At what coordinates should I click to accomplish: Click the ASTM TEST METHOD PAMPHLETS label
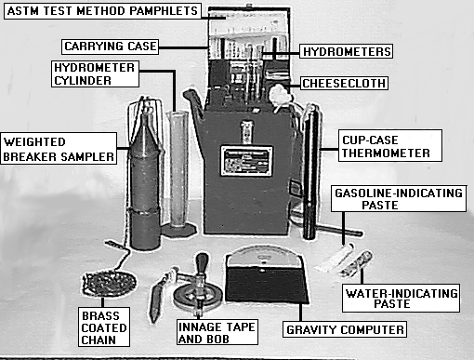[102, 11]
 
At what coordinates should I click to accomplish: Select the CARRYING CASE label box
[110, 47]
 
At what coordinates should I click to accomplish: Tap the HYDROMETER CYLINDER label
[95, 73]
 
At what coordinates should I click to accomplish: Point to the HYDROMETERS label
[347, 51]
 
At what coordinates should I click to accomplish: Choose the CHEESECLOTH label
[344, 83]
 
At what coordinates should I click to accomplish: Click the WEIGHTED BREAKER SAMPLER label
[59, 149]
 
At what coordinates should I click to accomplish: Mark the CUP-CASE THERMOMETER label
[390, 146]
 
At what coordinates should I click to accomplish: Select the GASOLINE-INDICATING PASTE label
[399, 199]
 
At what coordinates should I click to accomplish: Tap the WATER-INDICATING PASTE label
[401, 298]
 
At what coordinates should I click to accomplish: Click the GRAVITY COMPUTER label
[345, 329]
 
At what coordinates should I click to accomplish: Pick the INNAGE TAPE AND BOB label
[217, 332]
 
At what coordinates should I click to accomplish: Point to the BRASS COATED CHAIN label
[104, 327]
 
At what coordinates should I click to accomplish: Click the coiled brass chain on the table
[109, 284]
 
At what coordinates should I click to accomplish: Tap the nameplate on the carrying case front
[246, 161]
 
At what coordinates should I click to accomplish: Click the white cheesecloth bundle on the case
[280, 95]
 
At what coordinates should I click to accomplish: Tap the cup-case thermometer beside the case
[311, 172]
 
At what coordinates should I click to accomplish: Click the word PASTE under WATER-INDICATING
[392, 303]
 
